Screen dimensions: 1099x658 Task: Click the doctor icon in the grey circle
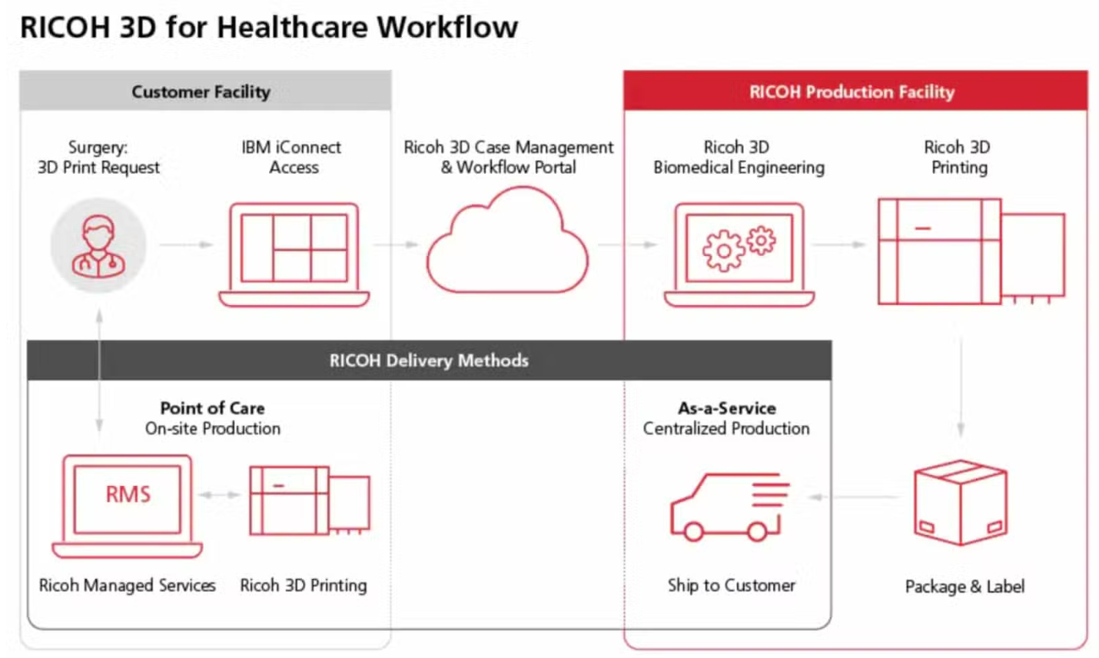coord(98,246)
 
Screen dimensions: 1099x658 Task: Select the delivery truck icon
coord(730,507)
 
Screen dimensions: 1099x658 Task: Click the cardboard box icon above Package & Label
coord(961,503)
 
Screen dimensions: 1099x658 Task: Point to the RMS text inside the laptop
coord(128,494)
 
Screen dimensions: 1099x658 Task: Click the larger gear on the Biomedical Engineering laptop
coord(723,251)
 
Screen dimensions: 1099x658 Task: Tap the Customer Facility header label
coord(201,91)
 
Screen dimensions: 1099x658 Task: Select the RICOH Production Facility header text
coord(852,91)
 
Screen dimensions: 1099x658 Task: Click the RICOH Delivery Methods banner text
coord(429,361)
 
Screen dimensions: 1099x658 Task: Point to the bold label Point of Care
coord(212,407)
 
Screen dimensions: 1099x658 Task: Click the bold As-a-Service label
coord(726,407)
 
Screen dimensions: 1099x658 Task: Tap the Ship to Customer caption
coord(731,586)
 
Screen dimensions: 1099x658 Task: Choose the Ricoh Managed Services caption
coord(127,586)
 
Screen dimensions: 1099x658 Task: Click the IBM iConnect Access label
coord(292,157)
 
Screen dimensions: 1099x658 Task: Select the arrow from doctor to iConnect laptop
coord(187,244)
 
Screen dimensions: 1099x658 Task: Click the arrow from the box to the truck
coord(854,497)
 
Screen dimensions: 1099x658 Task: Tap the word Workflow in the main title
coord(447,27)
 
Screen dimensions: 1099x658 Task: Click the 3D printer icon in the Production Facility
coord(971,251)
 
